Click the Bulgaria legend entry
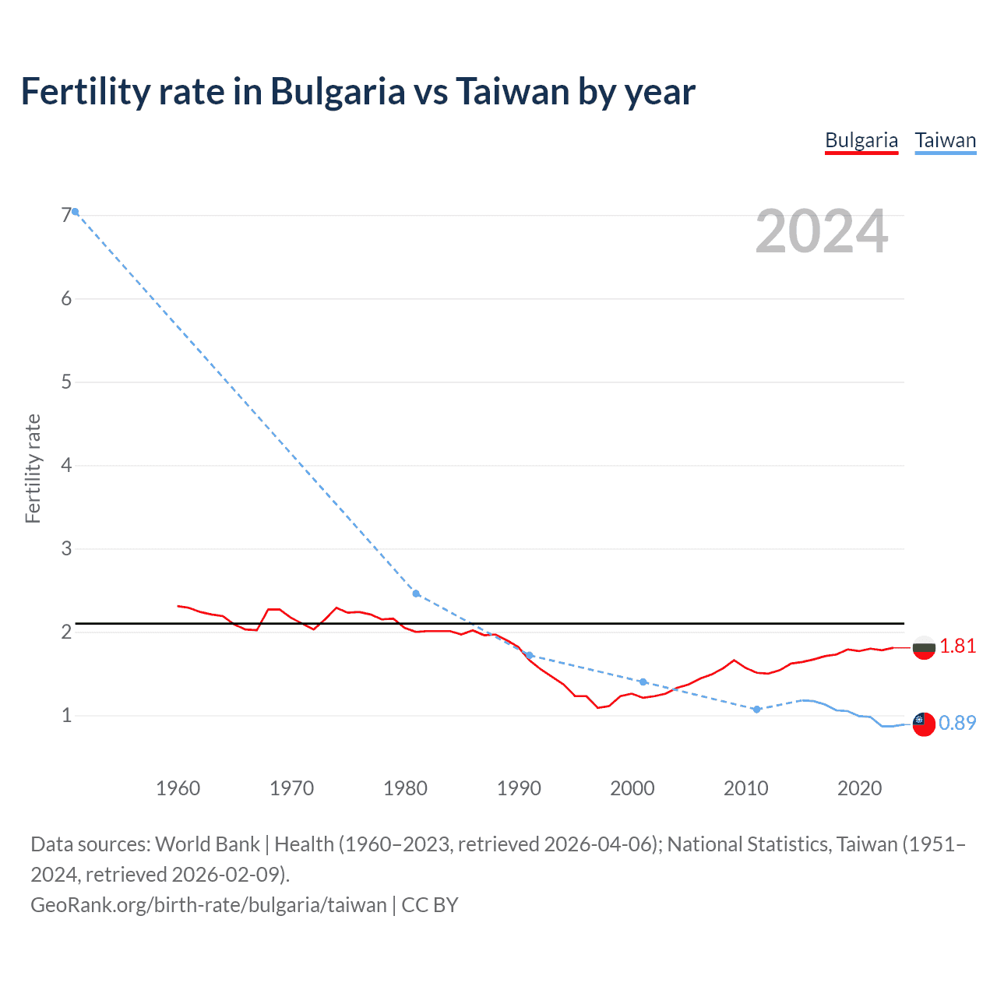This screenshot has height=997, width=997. coord(861,141)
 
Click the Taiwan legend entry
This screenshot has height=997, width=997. coord(945,141)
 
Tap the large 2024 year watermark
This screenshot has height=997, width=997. coord(821,231)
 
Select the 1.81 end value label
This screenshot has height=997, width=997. coord(957,646)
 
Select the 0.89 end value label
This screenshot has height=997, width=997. coord(957,723)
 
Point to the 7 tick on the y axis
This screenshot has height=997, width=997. coord(66,216)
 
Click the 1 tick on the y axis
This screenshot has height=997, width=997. coord(66,715)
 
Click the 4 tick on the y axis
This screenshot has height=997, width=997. coord(66,466)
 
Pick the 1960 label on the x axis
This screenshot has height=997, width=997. coord(178,788)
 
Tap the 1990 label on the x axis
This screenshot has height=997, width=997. coord(519,788)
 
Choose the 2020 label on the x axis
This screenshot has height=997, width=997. coord(859,788)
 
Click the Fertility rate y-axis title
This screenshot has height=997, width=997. coord(33,469)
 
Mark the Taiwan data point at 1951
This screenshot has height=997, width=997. coord(76,212)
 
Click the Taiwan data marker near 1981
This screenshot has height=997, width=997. coord(416,594)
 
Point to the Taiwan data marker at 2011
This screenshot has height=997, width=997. coord(756,710)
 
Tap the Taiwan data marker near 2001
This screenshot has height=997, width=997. coord(643,682)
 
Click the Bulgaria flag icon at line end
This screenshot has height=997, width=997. coord(924,648)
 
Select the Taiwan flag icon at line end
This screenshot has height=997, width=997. coord(924,724)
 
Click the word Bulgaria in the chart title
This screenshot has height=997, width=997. coord(338,92)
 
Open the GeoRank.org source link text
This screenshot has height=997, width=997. coord(208,905)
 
